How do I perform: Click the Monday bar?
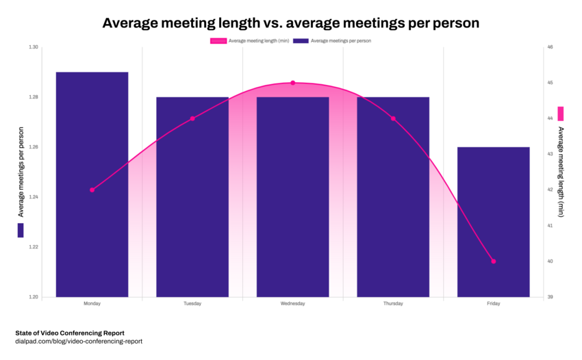coord(92,184)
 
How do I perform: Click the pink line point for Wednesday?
coord(292,83)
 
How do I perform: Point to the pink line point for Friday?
coord(493,261)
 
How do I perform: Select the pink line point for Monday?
coord(92,190)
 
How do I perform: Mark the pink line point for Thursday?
coord(393,118)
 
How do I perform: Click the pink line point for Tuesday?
coord(192,118)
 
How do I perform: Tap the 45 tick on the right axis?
coord(550,83)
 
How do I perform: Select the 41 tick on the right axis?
coord(550,225)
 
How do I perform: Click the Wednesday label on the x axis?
coord(292,303)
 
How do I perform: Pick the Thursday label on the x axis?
coord(393,303)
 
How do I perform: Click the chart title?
coord(290,23)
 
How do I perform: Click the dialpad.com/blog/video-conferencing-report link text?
coord(79,341)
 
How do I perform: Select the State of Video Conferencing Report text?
coord(70,332)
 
